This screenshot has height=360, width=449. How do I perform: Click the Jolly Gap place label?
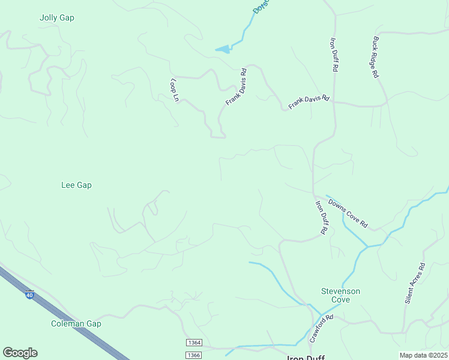(x=56, y=17)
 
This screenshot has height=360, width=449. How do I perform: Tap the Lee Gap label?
(x=76, y=185)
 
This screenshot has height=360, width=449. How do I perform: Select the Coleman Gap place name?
(x=76, y=323)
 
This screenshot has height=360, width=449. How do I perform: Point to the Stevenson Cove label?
(x=340, y=295)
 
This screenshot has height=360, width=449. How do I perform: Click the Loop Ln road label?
(x=175, y=89)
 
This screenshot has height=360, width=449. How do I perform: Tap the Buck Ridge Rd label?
(x=375, y=58)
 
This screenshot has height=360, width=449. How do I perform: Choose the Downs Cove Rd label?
(x=348, y=214)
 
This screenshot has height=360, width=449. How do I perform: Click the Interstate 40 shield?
(x=29, y=295)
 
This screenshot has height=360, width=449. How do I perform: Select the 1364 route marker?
(x=194, y=343)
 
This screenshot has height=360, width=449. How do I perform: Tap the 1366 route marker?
(x=194, y=355)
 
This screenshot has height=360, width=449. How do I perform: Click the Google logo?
(x=20, y=353)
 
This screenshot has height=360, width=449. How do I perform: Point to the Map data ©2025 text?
(x=423, y=355)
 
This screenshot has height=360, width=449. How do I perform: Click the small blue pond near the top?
(x=223, y=49)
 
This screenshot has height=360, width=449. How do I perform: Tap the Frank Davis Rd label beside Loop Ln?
(x=236, y=87)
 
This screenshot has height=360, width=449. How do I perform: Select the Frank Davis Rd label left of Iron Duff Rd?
(x=309, y=101)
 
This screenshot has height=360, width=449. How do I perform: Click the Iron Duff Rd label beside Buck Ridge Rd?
(x=334, y=55)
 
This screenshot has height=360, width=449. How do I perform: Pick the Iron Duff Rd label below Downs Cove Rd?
(x=321, y=217)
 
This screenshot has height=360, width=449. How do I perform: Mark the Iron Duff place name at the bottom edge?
(x=306, y=358)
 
